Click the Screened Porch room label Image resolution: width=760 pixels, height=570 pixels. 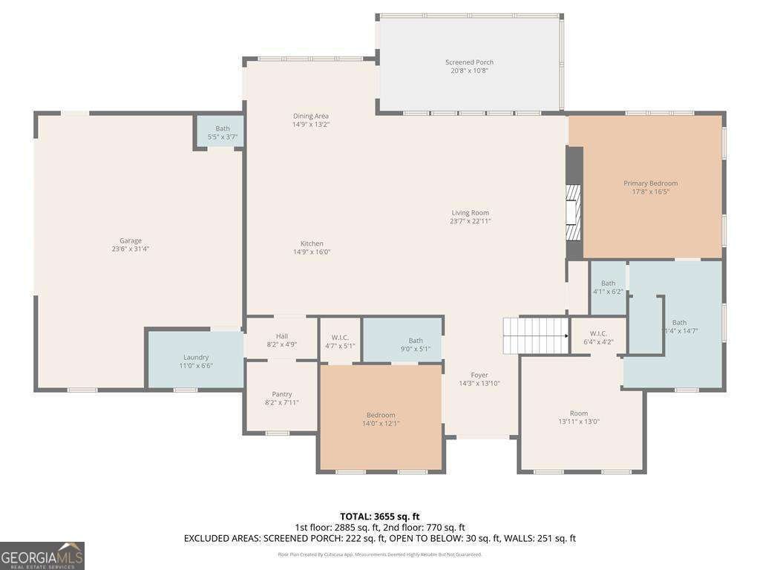click(469, 62)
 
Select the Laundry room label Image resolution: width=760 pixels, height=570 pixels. click(196, 357)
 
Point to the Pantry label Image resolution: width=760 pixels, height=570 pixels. click(282, 394)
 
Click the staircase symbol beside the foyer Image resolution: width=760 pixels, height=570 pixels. click(535, 335)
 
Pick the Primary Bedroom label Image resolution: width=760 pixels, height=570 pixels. click(650, 183)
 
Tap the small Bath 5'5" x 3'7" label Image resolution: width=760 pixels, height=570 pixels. click(223, 128)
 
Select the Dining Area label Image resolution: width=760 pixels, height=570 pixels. click(311, 116)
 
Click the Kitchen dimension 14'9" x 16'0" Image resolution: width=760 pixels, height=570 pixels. click(312, 252)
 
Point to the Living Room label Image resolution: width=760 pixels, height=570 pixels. click(470, 213)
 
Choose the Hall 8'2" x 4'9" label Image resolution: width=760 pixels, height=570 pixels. click(282, 340)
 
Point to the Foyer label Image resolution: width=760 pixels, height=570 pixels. click(479, 375)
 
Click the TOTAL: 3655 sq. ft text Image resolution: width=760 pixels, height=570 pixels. click(380, 517)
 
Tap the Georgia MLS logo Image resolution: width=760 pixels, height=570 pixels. click(42, 556)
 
